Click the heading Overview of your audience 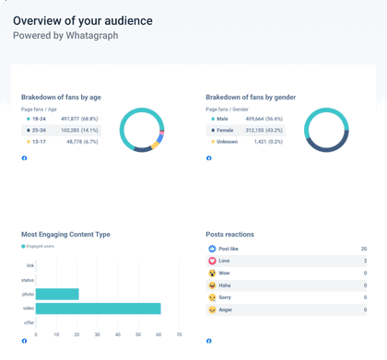coord(83,20)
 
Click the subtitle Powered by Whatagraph coord(65,35)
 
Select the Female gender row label coord(228,131)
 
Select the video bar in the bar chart coord(99,308)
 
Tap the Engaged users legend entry coord(39,247)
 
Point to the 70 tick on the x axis coord(179,334)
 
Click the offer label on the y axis coord(28,322)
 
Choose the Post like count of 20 coord(364,249)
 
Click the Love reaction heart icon coord(212,261)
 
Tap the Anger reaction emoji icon coord(212,310)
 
